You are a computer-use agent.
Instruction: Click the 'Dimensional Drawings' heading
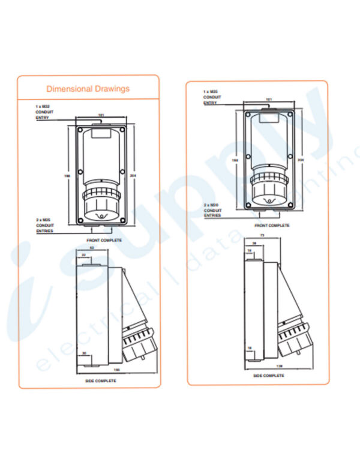(x=88, y=89)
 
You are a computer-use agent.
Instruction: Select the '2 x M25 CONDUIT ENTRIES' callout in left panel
(x=45, y=226)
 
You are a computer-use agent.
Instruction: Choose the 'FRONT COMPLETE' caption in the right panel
(x=272, y=226)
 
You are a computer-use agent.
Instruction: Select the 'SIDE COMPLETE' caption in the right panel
(x=268, y=376)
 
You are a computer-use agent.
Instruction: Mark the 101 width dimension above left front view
(x=101, y=115)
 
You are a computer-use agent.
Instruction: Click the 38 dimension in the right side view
(x=254, y=243)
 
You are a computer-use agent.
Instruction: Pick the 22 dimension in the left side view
(x=84, y=255)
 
